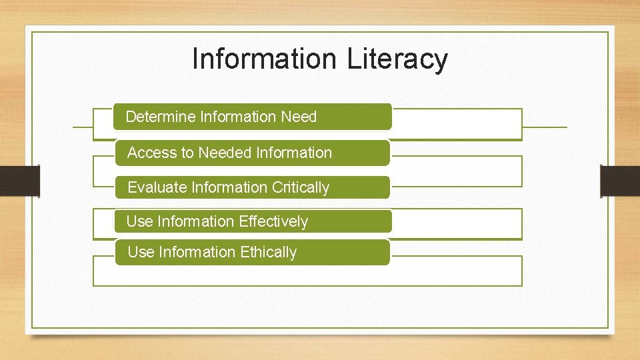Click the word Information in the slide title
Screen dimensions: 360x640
pyautogui.click(x=265, y=59)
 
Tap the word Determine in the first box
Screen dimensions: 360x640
pyautogui.click(x=161, y=117)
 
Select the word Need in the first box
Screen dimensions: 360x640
pyautogui.click(x=299, y=117)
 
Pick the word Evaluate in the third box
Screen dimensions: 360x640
pyautogui.click(x=157, y=187)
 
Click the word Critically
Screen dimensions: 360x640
pyautogui.click(x=301, y=187)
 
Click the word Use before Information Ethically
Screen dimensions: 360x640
pyautogui.click(x=140, y=252)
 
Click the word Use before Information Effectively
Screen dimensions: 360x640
pyautogui.click(x=139, y=221)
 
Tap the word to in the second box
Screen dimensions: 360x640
pyautogui.click(x=187, y=153)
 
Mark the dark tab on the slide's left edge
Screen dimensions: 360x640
pyautogui.click(x=20, y=181)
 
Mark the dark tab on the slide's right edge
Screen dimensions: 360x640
pyautogui.click(x=619, y=181)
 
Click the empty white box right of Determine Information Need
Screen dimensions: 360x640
pyautogui.click(x=456, y=124)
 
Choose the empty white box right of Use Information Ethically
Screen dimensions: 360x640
pyautogui.click(x=456, y=271)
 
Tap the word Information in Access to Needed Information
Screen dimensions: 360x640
pyautogui.click(x=294, y=153)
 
